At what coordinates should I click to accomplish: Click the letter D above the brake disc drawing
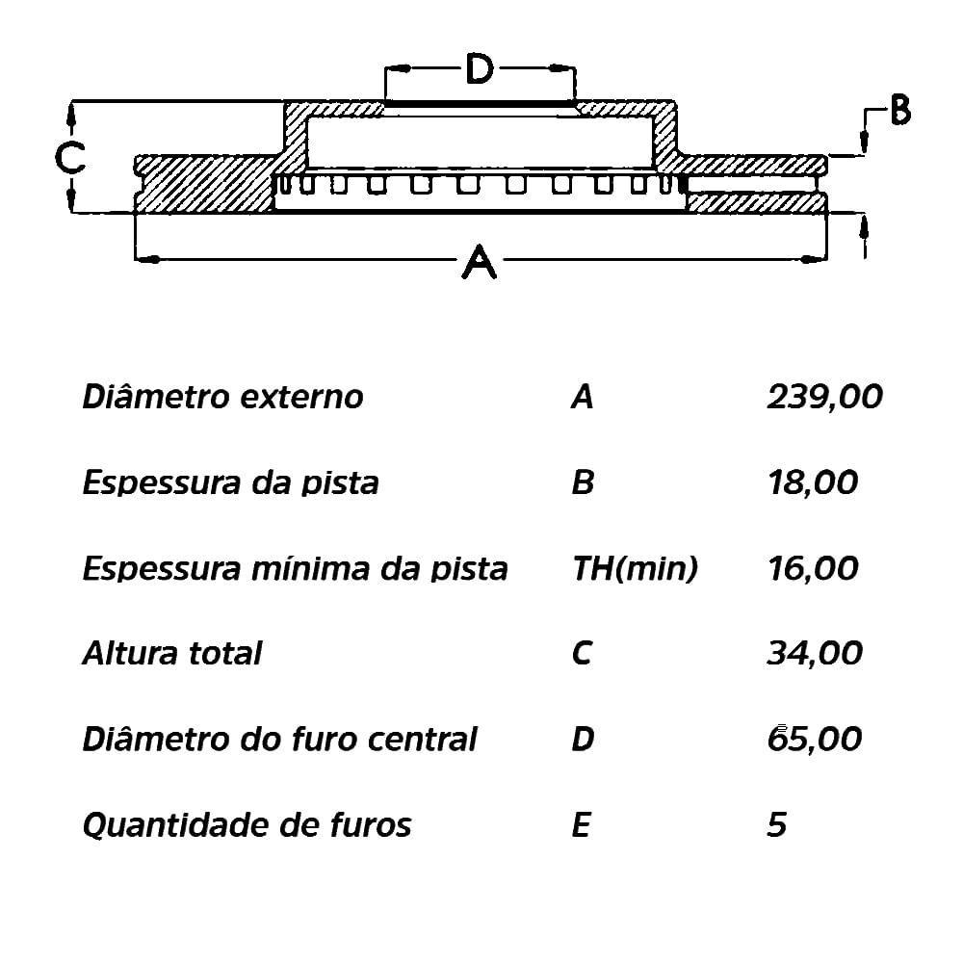pyautogui.click(x=479, y=68)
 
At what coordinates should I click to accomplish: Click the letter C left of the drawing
pyautogui.click(x=69, y=158)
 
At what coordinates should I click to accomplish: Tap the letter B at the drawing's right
pyautogui.click(x=900, y=111)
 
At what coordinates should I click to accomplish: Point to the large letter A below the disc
pyautogui.click(x=479, y=262)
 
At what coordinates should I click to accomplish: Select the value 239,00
pyautogui.click(x=825, y=397)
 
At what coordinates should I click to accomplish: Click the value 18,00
pyautogui.click(x=813, y=482)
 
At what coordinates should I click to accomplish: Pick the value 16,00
pyautogui.click(x=813, y=569)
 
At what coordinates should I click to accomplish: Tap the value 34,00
pyautogui.click(x=815, y=653)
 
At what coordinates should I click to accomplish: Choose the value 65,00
pyautogui.click(x=815, y=739)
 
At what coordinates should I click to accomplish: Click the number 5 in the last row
pyautogui.click(x=777, y=824)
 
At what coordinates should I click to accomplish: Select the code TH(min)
pyautogui.click(x=635, y=569)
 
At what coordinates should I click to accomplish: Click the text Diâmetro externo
pyautogui.click(x=223, y=396)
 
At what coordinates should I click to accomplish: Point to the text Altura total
pyautogui.click(x=172, y=653)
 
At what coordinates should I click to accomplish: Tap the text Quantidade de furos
pyautogui.click(x=247, y=825)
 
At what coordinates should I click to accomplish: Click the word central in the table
pyautogui.click(x=423, y=739)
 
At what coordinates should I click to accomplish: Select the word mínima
pyautogui.click(x=312, y=568)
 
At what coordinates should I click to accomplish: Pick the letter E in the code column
pyautogui.click(x=581, y=824)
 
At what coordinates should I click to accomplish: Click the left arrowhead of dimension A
pyautogui.click(x=147, y=259)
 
